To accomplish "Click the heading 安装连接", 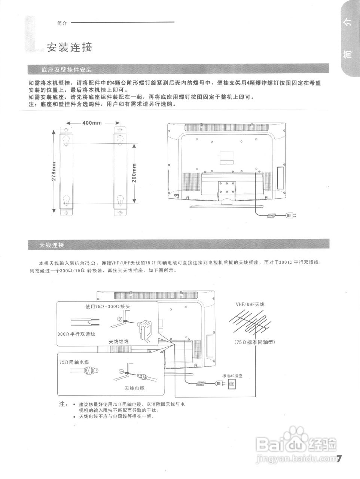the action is pos(69,48).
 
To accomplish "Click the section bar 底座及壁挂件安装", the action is pos(66,70).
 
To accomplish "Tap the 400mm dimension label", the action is pos(92,123).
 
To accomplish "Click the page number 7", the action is pos(340,458).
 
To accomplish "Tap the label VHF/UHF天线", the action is pos(250,304).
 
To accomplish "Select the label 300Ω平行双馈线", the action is pos(76,334).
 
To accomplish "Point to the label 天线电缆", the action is pos(134,388).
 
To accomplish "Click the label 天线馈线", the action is pos(119,341).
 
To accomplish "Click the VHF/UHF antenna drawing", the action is pos(250,322).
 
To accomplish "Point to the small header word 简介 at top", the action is pos(62,23).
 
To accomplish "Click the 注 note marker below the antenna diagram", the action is pos(63,405).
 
